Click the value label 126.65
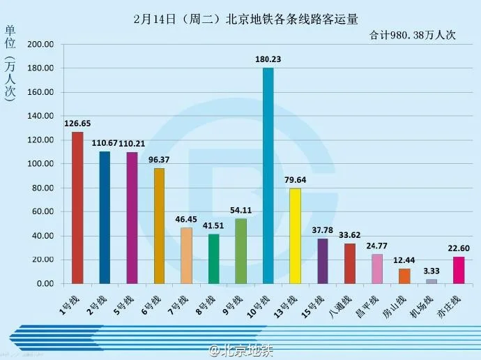pyautogui.click(x=77, y=123)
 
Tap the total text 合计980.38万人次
pyautogui.click(x=412, y=35)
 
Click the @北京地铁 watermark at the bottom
pyautogui.click(x=240, y=349)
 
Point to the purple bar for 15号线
pyautogui.click(x=322, y=261)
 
